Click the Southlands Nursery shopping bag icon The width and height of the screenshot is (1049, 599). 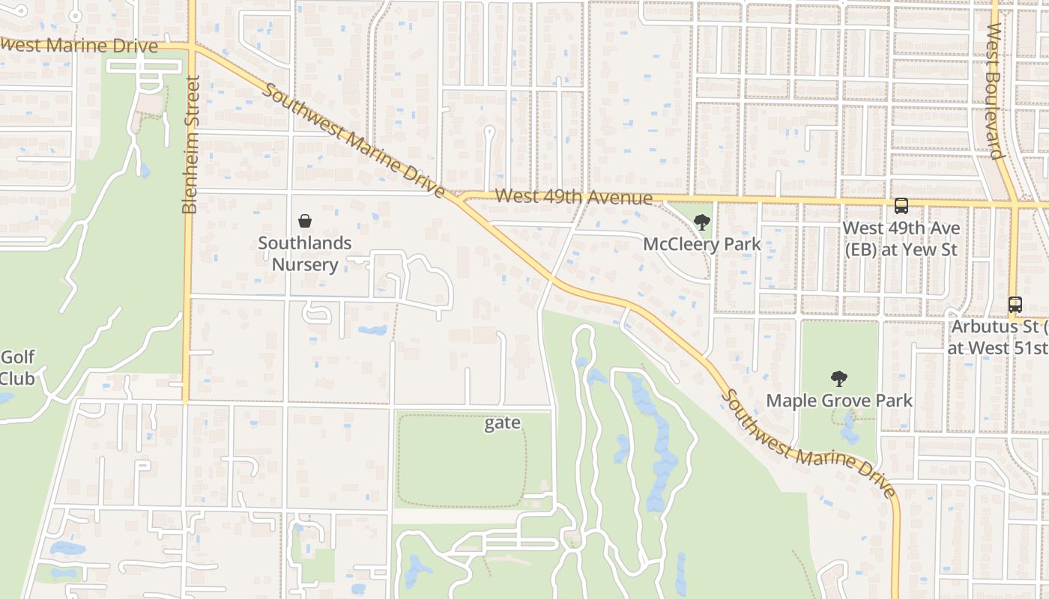tap(305, 221)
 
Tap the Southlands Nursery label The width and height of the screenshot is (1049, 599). tap(305, 254)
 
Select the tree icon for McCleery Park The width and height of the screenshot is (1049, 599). tap(701, 222)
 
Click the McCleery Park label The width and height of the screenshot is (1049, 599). tap(702, 244)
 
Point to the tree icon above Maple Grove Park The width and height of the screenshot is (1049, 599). tap(838, 379)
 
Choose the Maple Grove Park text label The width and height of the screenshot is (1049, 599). tap(839, 401)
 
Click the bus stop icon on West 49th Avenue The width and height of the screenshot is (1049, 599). tap(901, 205)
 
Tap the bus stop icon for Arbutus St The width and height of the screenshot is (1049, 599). tap(1015, 305)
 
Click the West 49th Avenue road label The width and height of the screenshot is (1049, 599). tap(573, 197)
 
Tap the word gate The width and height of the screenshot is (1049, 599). tap(502, 423)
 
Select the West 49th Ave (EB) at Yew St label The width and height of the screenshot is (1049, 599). tap(901, 238)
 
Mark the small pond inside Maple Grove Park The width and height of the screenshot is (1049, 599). tap(850, 433)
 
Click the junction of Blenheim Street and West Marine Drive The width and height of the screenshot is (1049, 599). tap(191, 47)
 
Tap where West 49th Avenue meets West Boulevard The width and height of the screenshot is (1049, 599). tap(1013, 203)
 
